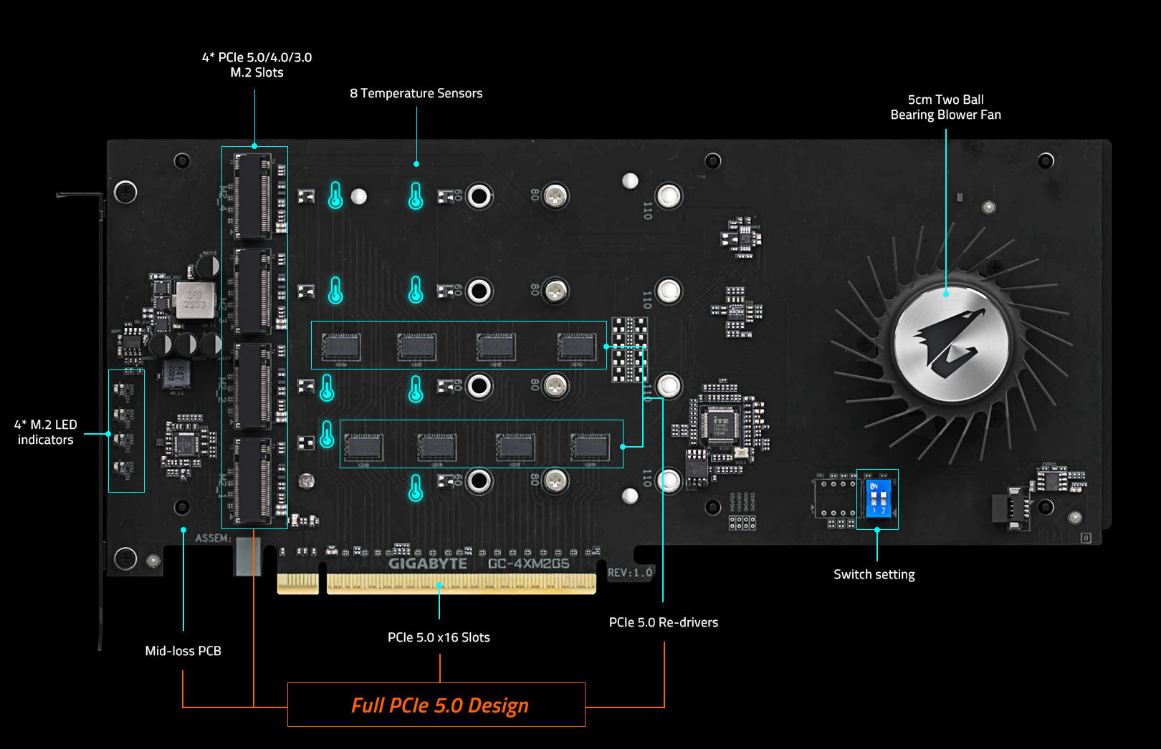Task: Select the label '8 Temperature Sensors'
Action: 416,93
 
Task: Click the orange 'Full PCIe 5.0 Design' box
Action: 436,705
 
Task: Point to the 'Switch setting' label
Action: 874,574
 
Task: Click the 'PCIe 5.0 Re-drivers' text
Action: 663,622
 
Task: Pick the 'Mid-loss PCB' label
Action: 183,651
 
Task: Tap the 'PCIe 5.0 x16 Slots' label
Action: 439,637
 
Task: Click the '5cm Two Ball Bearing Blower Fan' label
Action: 945,107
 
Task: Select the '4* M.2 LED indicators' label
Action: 45,433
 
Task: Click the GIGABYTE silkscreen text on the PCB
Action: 428,564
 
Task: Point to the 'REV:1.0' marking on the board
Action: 630,573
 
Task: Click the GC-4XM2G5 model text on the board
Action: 529,564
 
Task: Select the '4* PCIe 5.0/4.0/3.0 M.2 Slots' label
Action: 257,64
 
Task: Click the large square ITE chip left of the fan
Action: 720,424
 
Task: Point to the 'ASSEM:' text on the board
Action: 213,538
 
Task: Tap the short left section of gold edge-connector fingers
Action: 297,584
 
